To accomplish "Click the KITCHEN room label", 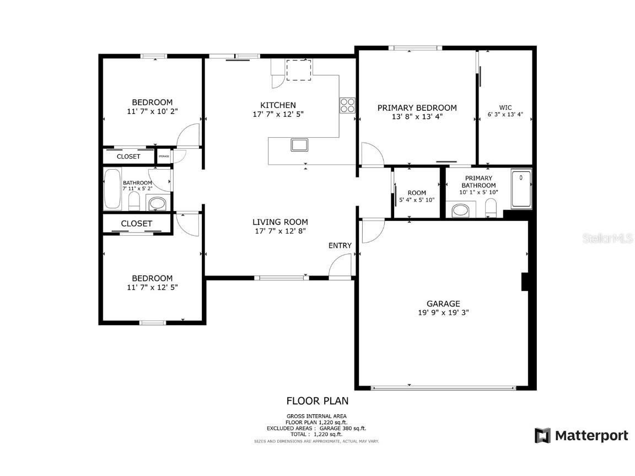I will [x=278, y=105].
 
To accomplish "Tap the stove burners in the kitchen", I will [x=347, y=105].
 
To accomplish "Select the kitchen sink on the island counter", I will [x=300, y=145].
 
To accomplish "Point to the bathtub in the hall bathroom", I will [x=112, y=189].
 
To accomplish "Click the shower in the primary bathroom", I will [x=521, y=190].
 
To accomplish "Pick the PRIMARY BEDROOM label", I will [x=417, y=108].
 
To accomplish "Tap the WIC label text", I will [x=505, y=108].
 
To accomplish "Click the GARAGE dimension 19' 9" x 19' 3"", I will [x=443, y=312].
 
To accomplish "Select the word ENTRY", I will [x=340, y=246].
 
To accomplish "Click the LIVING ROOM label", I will [x=280, y=222].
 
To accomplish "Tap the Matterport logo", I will [x=582, y=435].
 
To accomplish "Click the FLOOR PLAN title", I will [x=317, y=401].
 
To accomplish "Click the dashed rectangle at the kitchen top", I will [x=299, y=69].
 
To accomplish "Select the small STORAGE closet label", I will [x=164, y=156].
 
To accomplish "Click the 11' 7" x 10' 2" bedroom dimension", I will [x=152, y=111].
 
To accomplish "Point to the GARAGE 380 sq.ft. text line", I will [x=316, y=428].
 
